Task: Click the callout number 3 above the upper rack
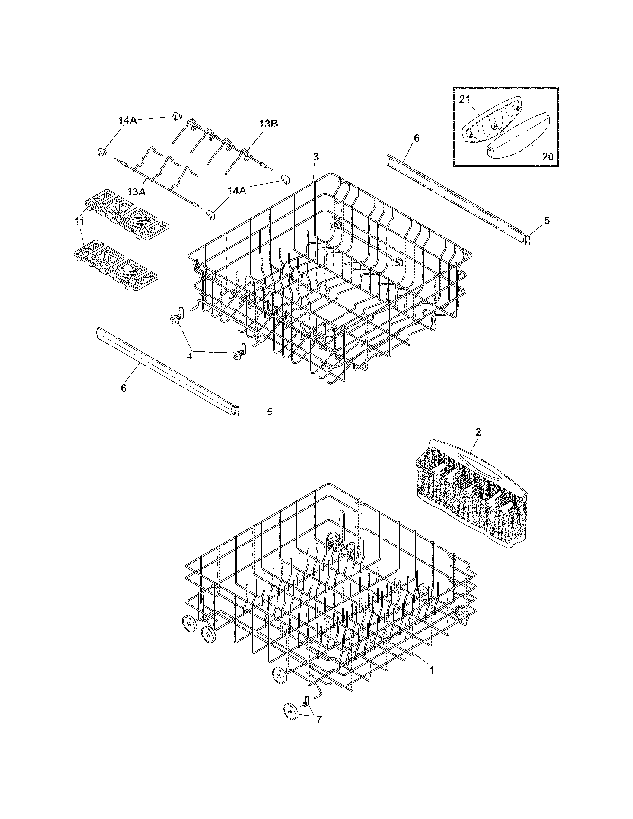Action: click(316, 157)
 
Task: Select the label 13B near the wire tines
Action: click(268, 124)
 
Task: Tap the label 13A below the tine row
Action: click(136, 192)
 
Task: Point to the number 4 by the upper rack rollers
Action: click(190, 356)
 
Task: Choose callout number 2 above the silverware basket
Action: click(478, 431)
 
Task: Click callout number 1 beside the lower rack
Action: click(432, 670)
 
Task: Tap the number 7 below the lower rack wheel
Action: click(319, 730)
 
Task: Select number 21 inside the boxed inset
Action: click(464, 99)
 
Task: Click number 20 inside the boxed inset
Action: click(548, 157)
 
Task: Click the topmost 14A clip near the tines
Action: click(176, 116)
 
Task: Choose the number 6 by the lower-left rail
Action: click(123, 388)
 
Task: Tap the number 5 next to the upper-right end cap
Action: click(547, 221)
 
